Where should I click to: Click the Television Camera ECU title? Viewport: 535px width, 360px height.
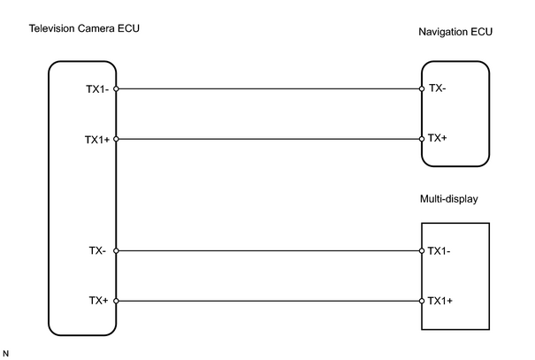tap(84, 28)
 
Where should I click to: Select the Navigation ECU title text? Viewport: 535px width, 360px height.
tap(455, 32)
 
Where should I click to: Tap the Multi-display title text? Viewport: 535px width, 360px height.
tap(448, 199)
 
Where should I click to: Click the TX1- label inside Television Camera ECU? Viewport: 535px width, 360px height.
tap(97, 89)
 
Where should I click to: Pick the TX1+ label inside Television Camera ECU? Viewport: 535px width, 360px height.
tap(97, 140)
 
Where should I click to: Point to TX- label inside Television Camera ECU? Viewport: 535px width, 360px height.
tap(97, 251)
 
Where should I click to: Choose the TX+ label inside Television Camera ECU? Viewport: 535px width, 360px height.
tap(99, 301)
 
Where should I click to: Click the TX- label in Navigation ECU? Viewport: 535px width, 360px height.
tap(438, 88)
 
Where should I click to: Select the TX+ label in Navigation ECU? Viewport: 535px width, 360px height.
tap(438, 138)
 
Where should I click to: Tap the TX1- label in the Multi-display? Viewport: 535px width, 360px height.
tap(439, 251)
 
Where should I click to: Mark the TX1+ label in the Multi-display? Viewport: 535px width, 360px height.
tap(440, 301)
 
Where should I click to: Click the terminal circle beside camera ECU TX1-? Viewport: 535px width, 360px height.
tap(116, 89)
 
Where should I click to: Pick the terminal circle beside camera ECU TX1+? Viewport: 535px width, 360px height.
tap(116, 139)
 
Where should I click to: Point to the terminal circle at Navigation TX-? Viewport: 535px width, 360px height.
tap(422, 89)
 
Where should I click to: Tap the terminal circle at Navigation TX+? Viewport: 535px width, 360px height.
tap(422, 139)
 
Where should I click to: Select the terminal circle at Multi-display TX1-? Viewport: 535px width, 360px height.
tap(422, 251)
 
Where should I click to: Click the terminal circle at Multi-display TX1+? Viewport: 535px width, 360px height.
tap(422, 301)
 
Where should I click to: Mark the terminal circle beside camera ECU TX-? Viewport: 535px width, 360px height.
tap(116, 251)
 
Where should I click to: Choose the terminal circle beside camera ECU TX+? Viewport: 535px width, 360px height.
tap(116, 301)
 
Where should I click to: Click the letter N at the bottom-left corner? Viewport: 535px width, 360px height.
tap(6, 354)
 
